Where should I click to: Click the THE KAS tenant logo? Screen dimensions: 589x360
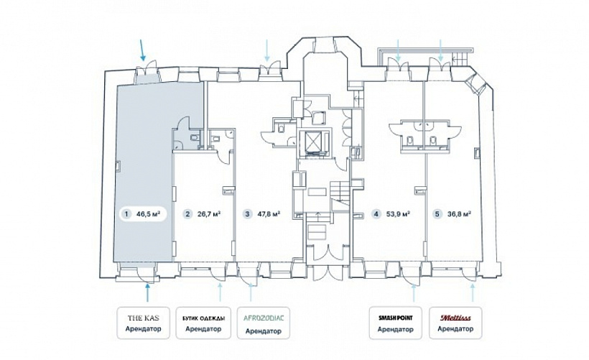[143, 318]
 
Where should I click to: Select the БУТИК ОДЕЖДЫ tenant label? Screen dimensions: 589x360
[203, 318]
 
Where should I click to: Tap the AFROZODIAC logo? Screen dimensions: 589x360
[264, 318]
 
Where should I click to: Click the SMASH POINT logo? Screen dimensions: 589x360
[396, 318]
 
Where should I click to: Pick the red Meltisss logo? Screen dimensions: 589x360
[455, 318]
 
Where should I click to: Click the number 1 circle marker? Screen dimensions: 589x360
[126, 215]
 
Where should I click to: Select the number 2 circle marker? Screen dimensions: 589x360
[187, 215]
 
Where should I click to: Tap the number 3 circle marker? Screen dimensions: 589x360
[247, 215]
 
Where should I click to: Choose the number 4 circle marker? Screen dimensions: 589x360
[376, 215]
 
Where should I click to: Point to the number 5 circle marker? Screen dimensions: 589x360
[437, 215]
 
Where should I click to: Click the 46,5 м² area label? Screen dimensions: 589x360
[149, 215]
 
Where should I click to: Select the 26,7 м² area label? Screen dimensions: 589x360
[209, 215]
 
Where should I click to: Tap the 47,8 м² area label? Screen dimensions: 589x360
[269, 215]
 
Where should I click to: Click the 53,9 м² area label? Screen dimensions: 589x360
[398, 215]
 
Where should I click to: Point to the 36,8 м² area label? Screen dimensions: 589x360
[460, 215]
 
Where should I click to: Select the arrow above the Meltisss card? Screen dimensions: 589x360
[472, 293]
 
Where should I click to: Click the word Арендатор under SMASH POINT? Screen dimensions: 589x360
[396, 330]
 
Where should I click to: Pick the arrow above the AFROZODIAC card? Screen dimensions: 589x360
[251, 293]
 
